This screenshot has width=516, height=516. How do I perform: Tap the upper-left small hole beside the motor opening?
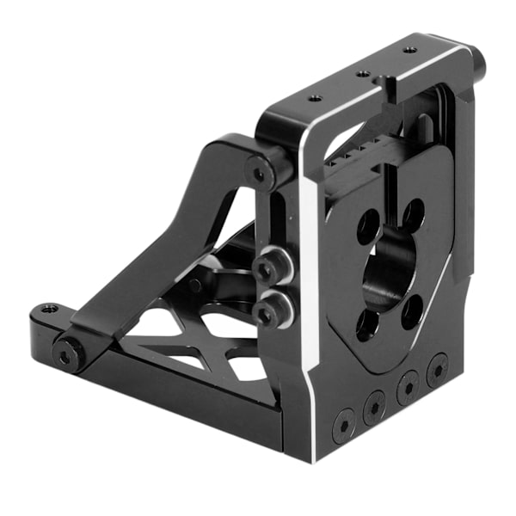tap(367, 225)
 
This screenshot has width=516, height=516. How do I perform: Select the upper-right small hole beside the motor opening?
tap(413, 213)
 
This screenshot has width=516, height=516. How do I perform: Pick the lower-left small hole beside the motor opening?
tap(367, 324)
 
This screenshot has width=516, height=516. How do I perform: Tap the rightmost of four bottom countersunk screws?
tap(437, 369)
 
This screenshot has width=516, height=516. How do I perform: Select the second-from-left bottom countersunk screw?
tap(374, 407)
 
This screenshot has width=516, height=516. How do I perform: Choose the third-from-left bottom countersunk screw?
tap(406, 388)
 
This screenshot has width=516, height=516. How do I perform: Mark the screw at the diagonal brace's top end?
tap(260, 175)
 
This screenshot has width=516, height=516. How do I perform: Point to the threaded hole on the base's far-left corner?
tap(50, 307)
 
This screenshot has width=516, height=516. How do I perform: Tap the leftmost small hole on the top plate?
tap(316, 98)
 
